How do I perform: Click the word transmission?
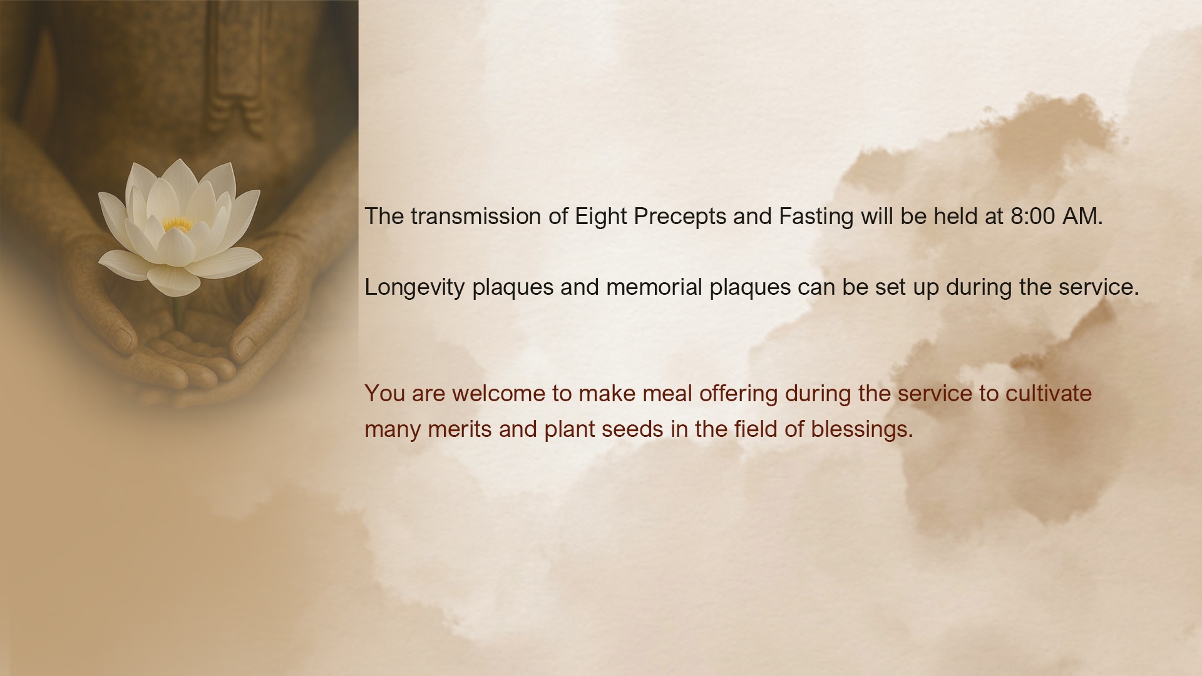pos(476,217)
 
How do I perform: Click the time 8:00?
pos(1032,217)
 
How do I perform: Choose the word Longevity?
pos(415,288)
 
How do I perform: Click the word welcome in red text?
pos(498,394)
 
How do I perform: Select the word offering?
pos(739,394)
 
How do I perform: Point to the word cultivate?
pos(1049,394)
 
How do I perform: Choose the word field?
pos(756,429)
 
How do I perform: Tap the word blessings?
pos(862,430)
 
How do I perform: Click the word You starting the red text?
pos(385,394)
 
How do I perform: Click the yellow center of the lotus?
pos(177,223)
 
